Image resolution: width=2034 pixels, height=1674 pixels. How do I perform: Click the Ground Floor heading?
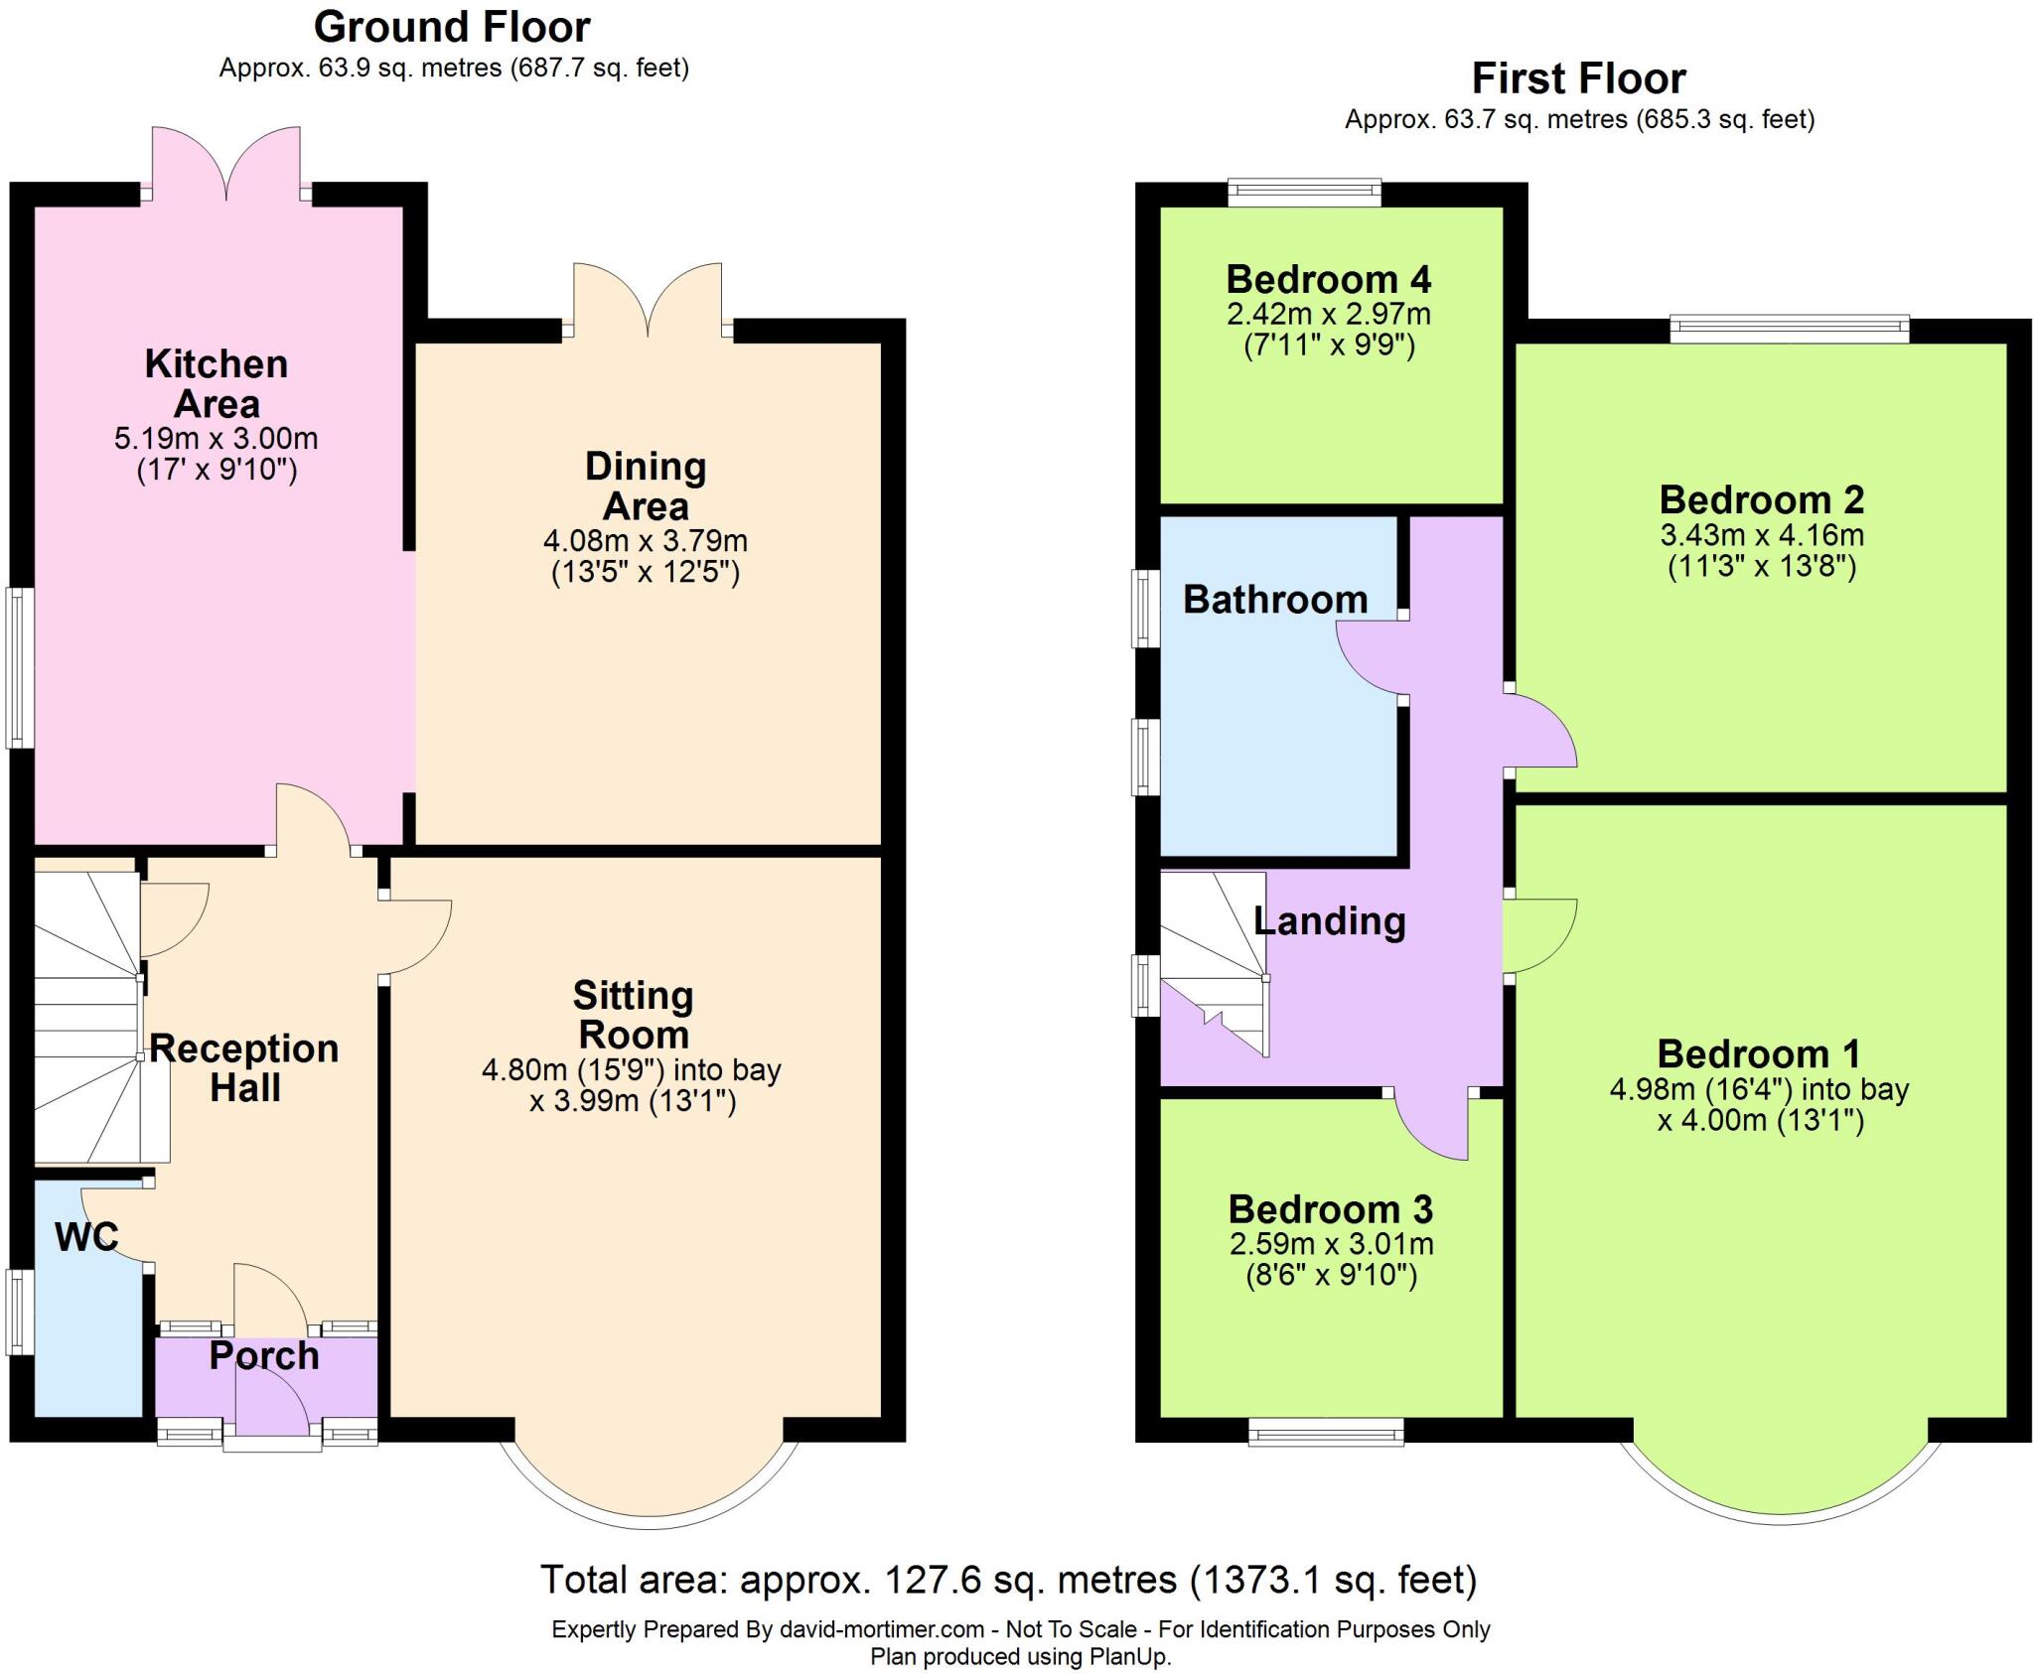click(452, 28)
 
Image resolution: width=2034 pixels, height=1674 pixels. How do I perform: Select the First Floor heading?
click(1578, 78)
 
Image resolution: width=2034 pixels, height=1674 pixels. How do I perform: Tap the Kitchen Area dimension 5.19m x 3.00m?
click(217, 438)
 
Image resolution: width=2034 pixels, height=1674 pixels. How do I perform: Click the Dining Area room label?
click(646, 486)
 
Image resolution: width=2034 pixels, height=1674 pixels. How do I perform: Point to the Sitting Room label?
click(633, 1015)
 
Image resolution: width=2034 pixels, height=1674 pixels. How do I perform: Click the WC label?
click(86, 1237)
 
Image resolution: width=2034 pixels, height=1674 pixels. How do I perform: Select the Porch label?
click(264, 1356)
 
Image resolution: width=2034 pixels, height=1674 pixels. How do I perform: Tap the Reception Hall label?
click(244, 1068)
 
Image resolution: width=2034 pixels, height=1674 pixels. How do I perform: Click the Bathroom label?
click(1275, 600)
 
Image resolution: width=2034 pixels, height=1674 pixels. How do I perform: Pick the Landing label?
click(1329, 921)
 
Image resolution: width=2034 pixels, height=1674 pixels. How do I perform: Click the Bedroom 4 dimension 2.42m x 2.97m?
click(1329, 315)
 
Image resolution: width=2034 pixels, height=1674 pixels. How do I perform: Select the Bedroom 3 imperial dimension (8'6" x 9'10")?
click(1331, 1276)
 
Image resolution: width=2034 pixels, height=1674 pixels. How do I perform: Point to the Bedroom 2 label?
click(1761, 499)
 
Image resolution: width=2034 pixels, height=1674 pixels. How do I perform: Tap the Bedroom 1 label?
click(1758, 1053)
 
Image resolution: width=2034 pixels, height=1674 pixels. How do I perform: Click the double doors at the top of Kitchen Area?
click(226, 164)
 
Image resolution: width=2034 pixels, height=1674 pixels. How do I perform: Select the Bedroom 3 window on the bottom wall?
click(1326, 1431)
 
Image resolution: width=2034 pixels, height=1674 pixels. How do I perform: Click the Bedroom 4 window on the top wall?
click(1304, 192)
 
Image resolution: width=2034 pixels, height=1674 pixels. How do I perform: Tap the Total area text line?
click(1008, 1580)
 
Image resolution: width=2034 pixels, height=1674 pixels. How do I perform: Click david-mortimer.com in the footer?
click(881, 1630)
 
